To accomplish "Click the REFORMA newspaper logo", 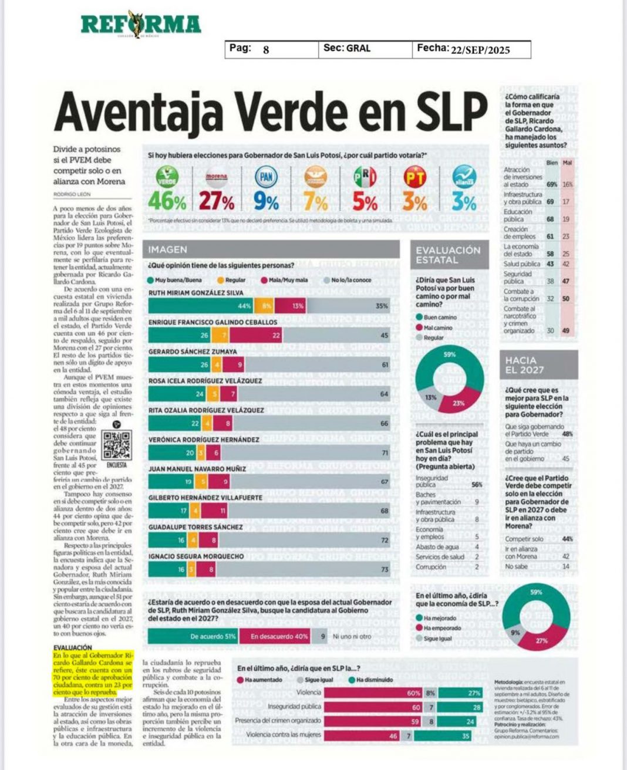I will [141, 25].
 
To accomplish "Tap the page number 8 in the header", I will [266, 50].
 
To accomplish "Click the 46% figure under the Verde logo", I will [167, 201].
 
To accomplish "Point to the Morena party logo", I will [217, 177].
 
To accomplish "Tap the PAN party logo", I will [266, 177].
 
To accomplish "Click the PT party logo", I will [414, 177].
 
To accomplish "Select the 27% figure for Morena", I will [217, 201].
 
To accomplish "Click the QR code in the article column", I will [117, 445].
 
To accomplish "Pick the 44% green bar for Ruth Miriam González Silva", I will [200, 306].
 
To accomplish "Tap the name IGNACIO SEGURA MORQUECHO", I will [196, 556].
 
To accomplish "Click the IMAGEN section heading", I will [168, 249].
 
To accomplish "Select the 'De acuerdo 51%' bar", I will [193, 636].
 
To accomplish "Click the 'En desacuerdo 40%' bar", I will [275, 636].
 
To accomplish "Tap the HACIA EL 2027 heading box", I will [538, 364].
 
